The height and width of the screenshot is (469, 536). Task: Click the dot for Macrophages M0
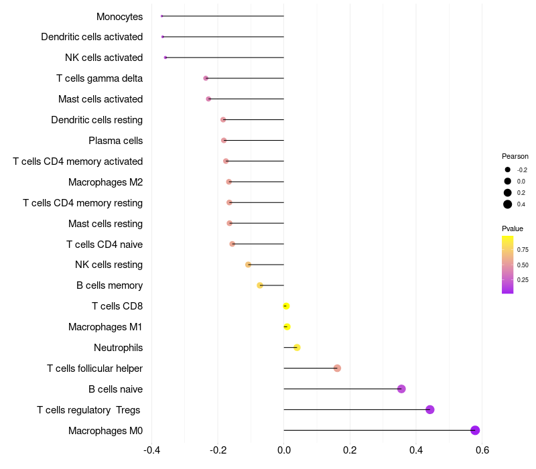(x=475, y=430)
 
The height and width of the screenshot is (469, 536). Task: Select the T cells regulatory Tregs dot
(x=430, y=409)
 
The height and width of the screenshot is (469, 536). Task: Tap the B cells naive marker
(x=401, y=389)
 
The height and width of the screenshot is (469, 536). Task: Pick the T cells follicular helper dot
(x=337, y=368)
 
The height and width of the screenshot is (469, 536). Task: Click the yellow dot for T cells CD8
(x=286, y=306)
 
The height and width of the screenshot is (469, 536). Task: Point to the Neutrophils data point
(x=297, y=347)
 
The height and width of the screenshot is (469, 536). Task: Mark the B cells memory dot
(x=260, y=285)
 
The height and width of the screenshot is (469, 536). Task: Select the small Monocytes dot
(x=162, y=16)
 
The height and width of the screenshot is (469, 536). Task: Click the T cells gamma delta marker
(x=206, y=78)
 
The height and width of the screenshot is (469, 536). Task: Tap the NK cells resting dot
(x=249, y=265)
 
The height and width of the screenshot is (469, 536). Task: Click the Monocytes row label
(x=119, y=16)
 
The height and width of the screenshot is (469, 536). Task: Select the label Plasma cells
(x=115, y=141)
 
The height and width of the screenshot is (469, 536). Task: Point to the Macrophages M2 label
(x=105, y=182)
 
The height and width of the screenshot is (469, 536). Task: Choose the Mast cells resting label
(x=105, y=223)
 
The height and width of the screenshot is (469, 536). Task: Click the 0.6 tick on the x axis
(x=481, y=450)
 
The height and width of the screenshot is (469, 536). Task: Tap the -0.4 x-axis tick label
(x=152, y=450)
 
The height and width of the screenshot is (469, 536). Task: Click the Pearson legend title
(x=515, y=156)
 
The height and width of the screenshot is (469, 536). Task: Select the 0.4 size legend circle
(x=508, y=204)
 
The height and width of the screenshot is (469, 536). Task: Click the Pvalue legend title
(x=513, y=228)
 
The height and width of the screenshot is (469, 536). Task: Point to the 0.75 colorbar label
(x=523, y=250)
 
